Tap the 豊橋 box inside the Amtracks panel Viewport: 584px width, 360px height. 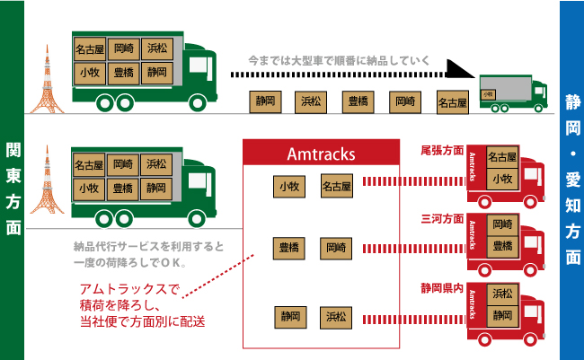pos(288,247)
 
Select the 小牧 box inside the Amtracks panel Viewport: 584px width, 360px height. pos(288,186)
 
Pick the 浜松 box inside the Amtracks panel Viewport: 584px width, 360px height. pos(336,316)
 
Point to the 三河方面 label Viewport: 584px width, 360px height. pos(442,218)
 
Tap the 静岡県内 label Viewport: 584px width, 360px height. pos(442,288)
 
